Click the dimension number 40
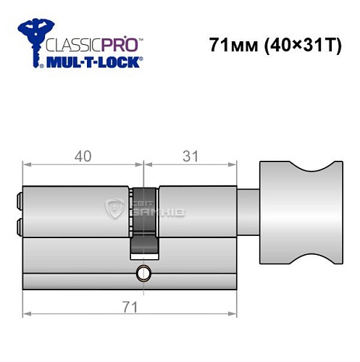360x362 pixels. (82, 155)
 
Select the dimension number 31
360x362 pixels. (191, 155)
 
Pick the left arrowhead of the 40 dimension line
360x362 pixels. (27, 167)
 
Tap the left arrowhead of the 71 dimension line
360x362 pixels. (27, 314)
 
